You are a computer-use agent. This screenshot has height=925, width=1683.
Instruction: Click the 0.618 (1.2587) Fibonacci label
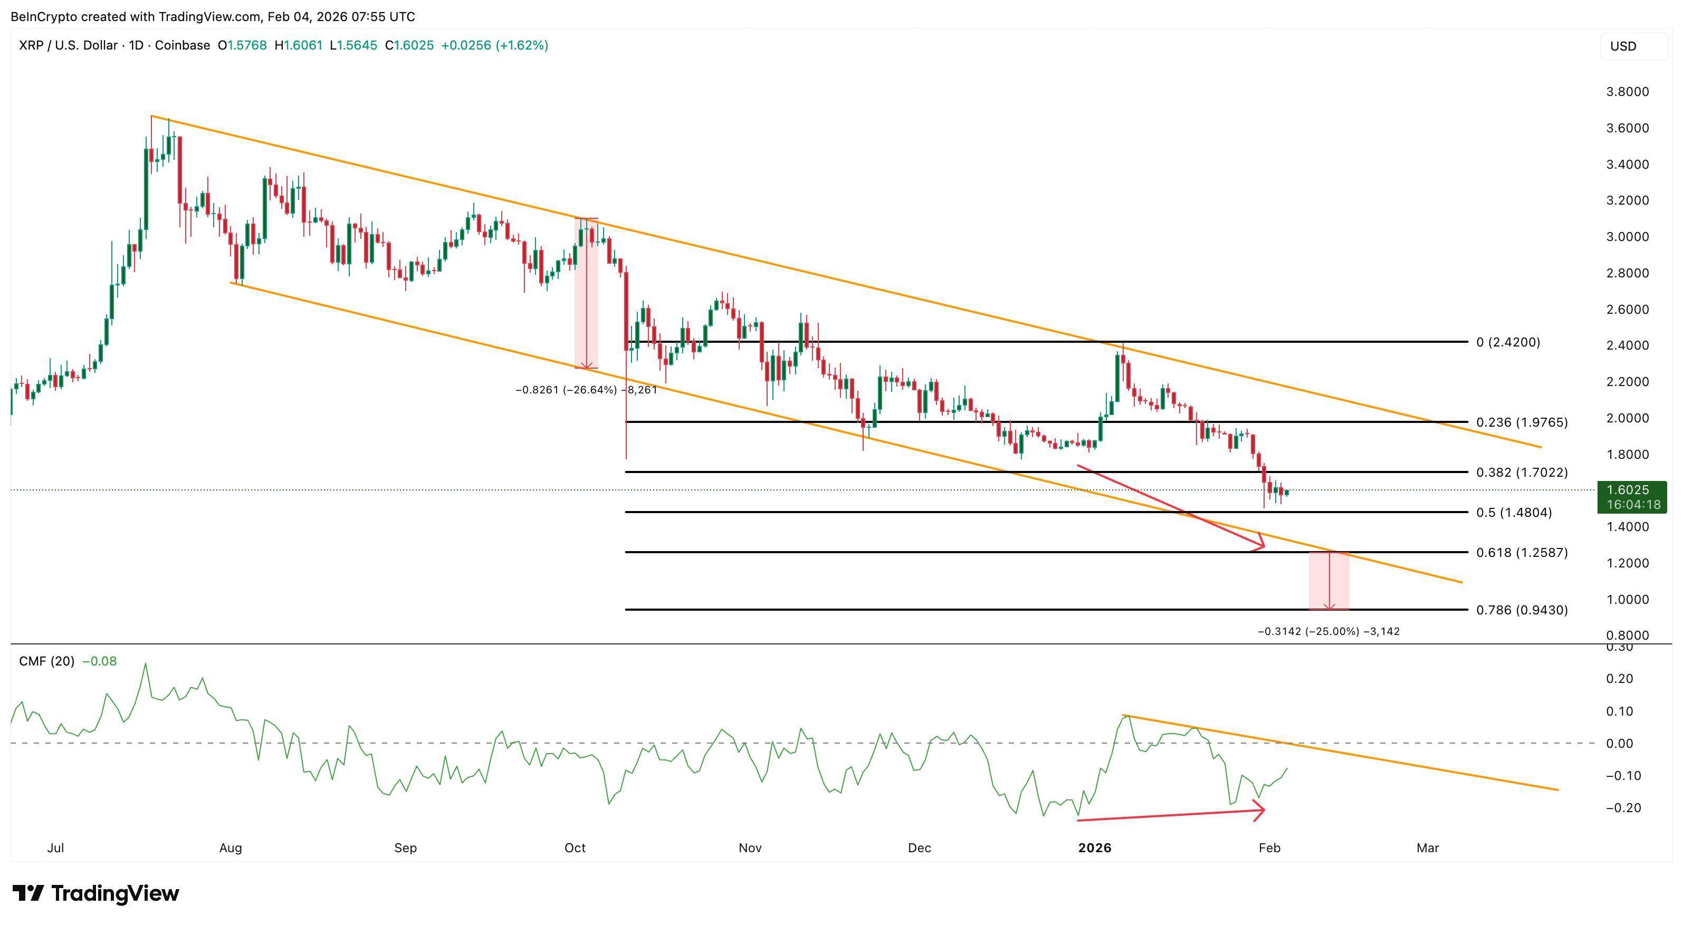pos(1521,553)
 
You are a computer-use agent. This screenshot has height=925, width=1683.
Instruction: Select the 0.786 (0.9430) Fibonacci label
pos(1521,610)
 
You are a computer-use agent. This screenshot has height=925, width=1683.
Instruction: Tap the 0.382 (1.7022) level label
pos(1521,473)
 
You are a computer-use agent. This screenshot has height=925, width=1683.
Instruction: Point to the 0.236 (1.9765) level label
pos(1521,422)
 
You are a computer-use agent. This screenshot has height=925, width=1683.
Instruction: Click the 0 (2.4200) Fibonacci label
pos(1507,342)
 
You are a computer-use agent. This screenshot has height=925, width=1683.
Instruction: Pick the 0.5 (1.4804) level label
pos(1513,513)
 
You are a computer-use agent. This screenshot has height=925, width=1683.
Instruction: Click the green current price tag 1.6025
pos(1631,496)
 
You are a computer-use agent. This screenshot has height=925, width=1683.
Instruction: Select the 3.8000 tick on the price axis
pos(1627,91)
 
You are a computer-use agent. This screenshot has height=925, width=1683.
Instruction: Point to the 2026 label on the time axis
pos(1094,848)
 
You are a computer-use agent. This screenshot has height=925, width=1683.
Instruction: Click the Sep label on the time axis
pos(405,848)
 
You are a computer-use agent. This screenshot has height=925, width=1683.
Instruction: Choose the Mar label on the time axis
pos(1428,848)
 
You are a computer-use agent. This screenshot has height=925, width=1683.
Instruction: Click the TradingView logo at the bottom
pos(96,893)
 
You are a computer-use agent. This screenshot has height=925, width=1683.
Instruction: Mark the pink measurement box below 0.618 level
pos(1328,581)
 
